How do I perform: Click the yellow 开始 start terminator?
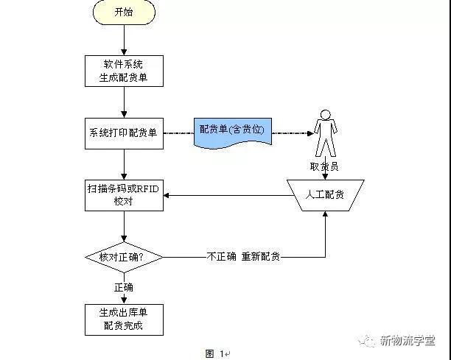click(x=124, y=13)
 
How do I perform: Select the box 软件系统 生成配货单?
click(x=123, y=69)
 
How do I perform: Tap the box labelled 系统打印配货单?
click(x=123, y=133)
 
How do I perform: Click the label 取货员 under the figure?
click(x=324, y=167)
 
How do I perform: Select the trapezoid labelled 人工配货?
click(x=325, y=195)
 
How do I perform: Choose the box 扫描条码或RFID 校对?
click(x=123, y=195)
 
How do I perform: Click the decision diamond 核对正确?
click(x=123, y=257)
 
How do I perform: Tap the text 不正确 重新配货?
click(x=243, y=257)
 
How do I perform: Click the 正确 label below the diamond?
click(x=123, y=286)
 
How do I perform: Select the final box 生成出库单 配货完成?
click(x=123, y=318)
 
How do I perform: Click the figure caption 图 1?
click(x=215, y=353)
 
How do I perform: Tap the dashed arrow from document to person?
click(x=291, y=133)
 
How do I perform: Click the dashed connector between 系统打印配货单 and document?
click(x=178, y=133)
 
